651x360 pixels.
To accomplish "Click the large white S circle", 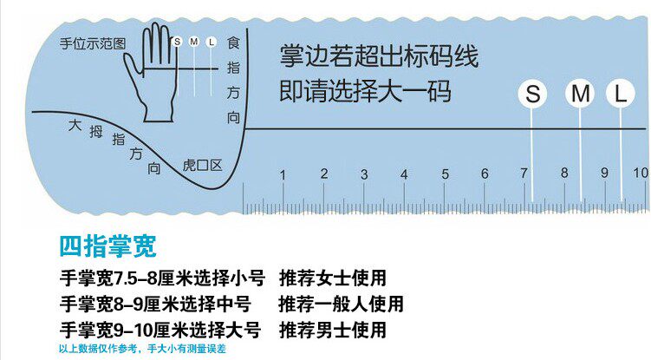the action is pyautogui.click(x=533, y=94).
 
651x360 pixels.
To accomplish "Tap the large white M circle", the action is pyautogui.click(x=580, y=94).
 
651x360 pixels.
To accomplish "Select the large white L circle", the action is pyautogui.click(x=620, y=94).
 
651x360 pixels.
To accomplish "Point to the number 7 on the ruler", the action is pyautogui.click(x=524, y=173).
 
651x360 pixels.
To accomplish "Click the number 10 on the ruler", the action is pyautogui.click(x=640, y=173).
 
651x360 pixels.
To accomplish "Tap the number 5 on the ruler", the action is pyautogui.click(x=445, y=174).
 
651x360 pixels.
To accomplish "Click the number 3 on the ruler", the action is pyautogui.click(x=364, y=174).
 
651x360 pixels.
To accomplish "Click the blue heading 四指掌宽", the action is pyautogui.click(x=107, y=246).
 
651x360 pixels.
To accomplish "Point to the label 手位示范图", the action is pyautogui.click(x=93, y=43).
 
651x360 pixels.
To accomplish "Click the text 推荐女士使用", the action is pyautogui.click(x=332, y=278).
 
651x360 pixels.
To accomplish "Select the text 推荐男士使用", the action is pyautogui.click(x=332, y=330).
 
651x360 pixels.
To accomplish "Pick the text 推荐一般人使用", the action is pyautogui.click(x=341, y=304).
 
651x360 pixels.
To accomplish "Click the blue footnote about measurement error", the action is pyautogui.click(x=141, y=349).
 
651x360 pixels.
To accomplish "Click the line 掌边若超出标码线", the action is pyautogui.click(x=379, y=57).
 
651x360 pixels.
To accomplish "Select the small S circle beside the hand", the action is pyautogui.click(x=178, y=41).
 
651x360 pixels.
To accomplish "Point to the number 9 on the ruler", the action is pyautogui.click(x=605, y=173).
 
